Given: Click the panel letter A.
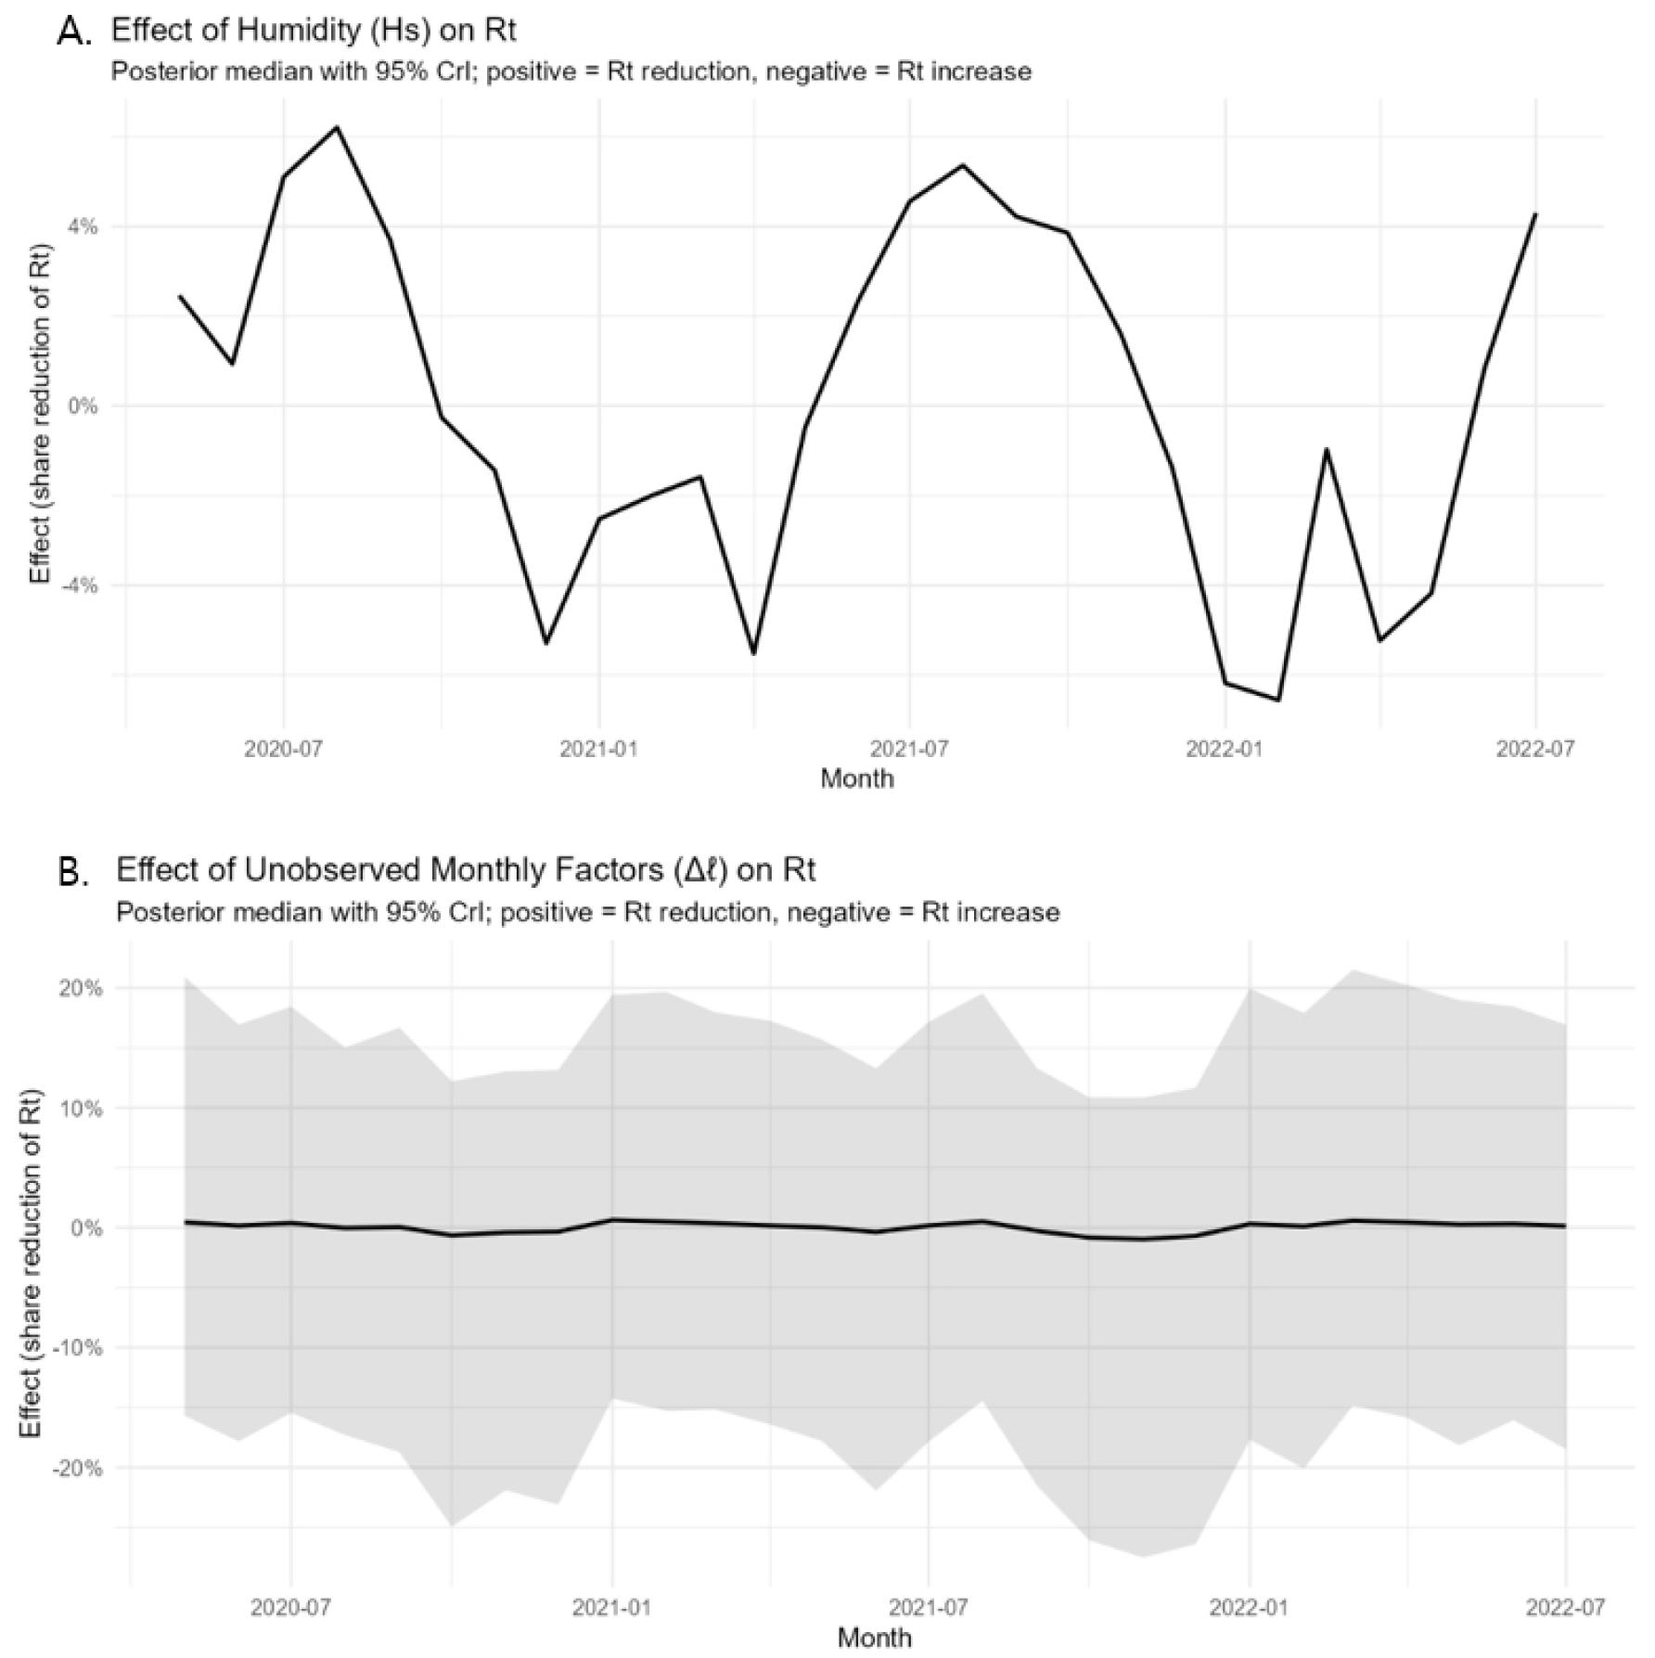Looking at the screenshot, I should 73,32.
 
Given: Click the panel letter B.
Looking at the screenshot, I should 73,873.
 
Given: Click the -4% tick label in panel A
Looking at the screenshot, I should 79,585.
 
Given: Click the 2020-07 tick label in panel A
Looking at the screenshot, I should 283,749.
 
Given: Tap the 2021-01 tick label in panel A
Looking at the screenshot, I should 598,749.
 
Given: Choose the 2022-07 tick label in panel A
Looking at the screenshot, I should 1535,749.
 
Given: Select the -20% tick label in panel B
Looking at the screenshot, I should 78,1468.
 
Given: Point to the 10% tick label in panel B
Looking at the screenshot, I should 82,1108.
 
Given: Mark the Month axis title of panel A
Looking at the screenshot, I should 857,778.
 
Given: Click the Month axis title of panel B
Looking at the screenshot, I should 874,1638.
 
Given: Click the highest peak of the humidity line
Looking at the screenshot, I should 337,127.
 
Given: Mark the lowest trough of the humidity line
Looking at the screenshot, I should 1279,700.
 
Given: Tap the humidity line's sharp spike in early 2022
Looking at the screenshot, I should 1327,449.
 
